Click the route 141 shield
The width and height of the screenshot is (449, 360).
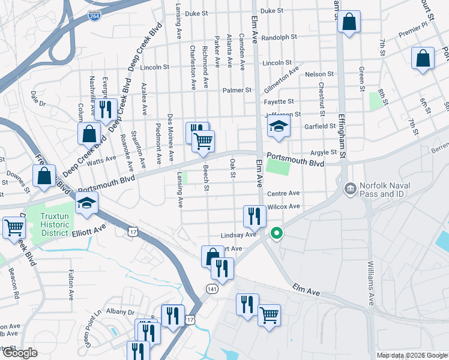click(x=211, y=289)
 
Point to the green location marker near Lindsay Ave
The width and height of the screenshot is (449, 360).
click(x=276, y=233)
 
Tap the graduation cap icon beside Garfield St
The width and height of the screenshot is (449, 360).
click(x=279, y=127)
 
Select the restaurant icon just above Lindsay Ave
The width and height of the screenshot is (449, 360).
click(x=255, y=216)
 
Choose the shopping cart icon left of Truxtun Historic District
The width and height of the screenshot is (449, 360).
click(x=13, y=227)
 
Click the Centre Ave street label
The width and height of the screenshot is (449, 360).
click(x=283, y=193)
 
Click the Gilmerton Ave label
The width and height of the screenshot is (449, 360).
click(x=281, y=80)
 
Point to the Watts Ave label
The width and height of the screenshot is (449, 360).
click(x=102, y=160)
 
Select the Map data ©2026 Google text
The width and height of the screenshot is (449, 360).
click(x=411, y=355)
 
